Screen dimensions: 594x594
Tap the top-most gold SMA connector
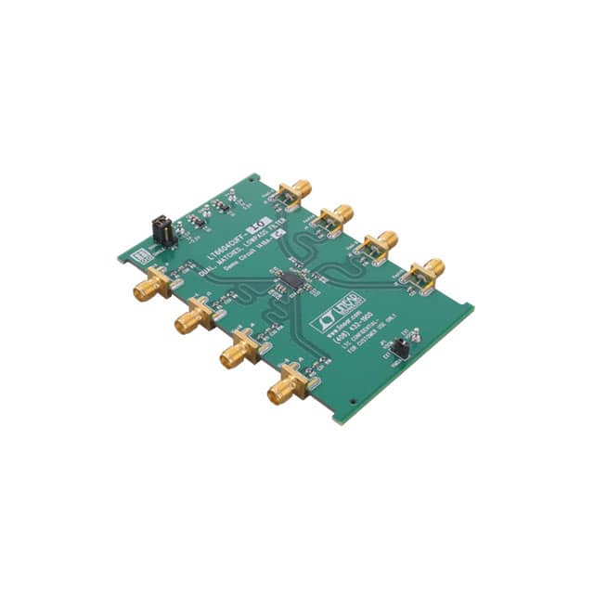[299, 191]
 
